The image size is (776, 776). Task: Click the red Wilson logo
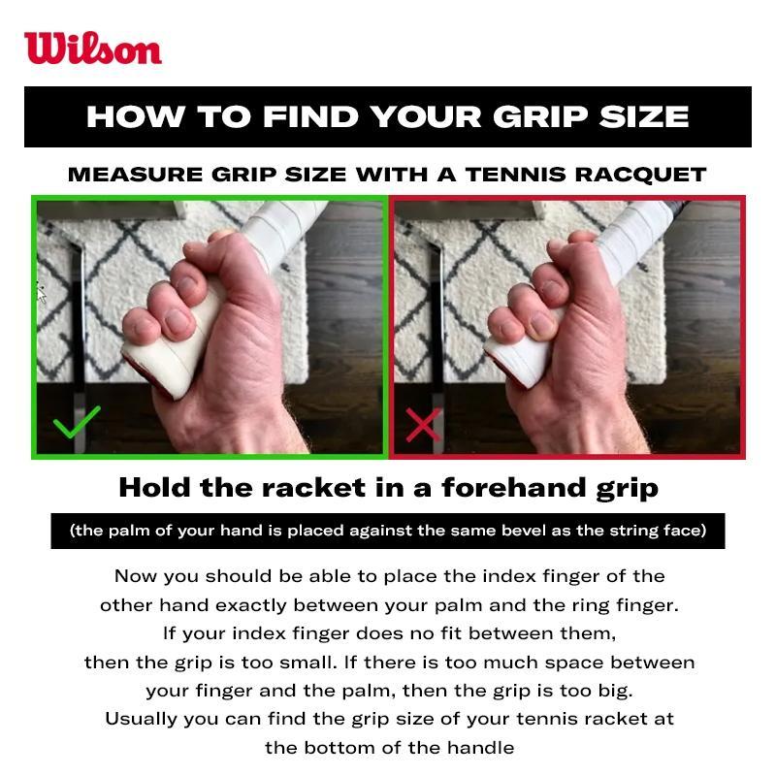tap(93, 48)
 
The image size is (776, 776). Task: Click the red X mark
tap(423, 424)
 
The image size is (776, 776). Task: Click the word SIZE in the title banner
tap(644, 116)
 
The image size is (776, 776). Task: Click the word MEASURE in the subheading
tap(136, 175)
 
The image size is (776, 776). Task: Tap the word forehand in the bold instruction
tap(514, 488)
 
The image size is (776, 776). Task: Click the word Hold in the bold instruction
tap(154, 488)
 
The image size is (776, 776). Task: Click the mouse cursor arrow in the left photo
tap(41, 294)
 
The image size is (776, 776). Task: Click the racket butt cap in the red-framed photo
tap(515, 364)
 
